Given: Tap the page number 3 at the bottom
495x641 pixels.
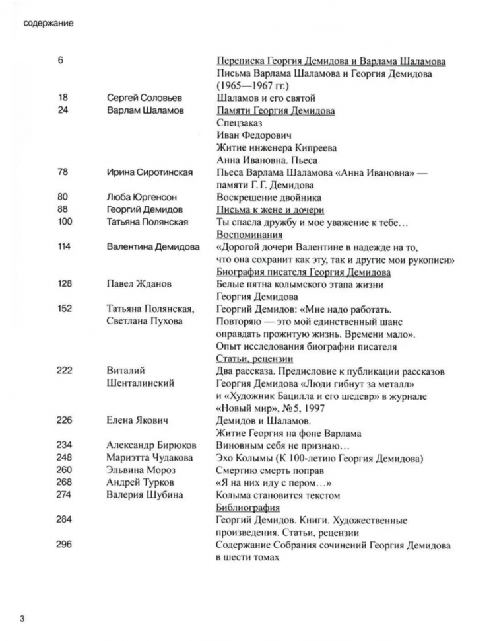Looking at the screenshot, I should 22,619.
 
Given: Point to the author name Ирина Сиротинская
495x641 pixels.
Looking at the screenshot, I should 150,172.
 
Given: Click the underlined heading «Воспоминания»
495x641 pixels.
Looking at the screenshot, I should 250,235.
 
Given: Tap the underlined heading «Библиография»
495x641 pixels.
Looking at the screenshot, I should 247,508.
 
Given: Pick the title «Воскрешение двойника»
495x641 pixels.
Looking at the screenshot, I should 269,197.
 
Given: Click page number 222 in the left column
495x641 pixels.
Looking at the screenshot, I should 65,371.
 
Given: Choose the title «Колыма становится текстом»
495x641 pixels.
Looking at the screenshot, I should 278,495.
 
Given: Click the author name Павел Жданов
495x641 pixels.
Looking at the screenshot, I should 139,284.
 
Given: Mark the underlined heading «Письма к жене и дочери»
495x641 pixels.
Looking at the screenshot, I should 270,209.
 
